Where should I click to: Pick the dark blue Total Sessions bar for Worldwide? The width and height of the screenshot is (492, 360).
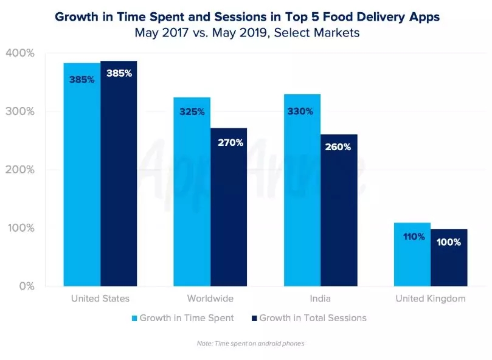(229, 207)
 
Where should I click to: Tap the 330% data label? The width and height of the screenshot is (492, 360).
(300, 111)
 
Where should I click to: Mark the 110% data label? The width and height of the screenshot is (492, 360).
(414, 237)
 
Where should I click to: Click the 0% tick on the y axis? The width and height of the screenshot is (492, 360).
(26, 286)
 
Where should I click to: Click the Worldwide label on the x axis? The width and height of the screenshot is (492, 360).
(210, 299)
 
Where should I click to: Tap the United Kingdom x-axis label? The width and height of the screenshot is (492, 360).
(431, 299)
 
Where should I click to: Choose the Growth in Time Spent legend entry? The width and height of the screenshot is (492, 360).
(182, 317)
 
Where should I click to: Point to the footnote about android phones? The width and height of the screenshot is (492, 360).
(251, 344)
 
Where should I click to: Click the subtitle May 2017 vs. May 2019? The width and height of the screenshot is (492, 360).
(247, 33)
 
